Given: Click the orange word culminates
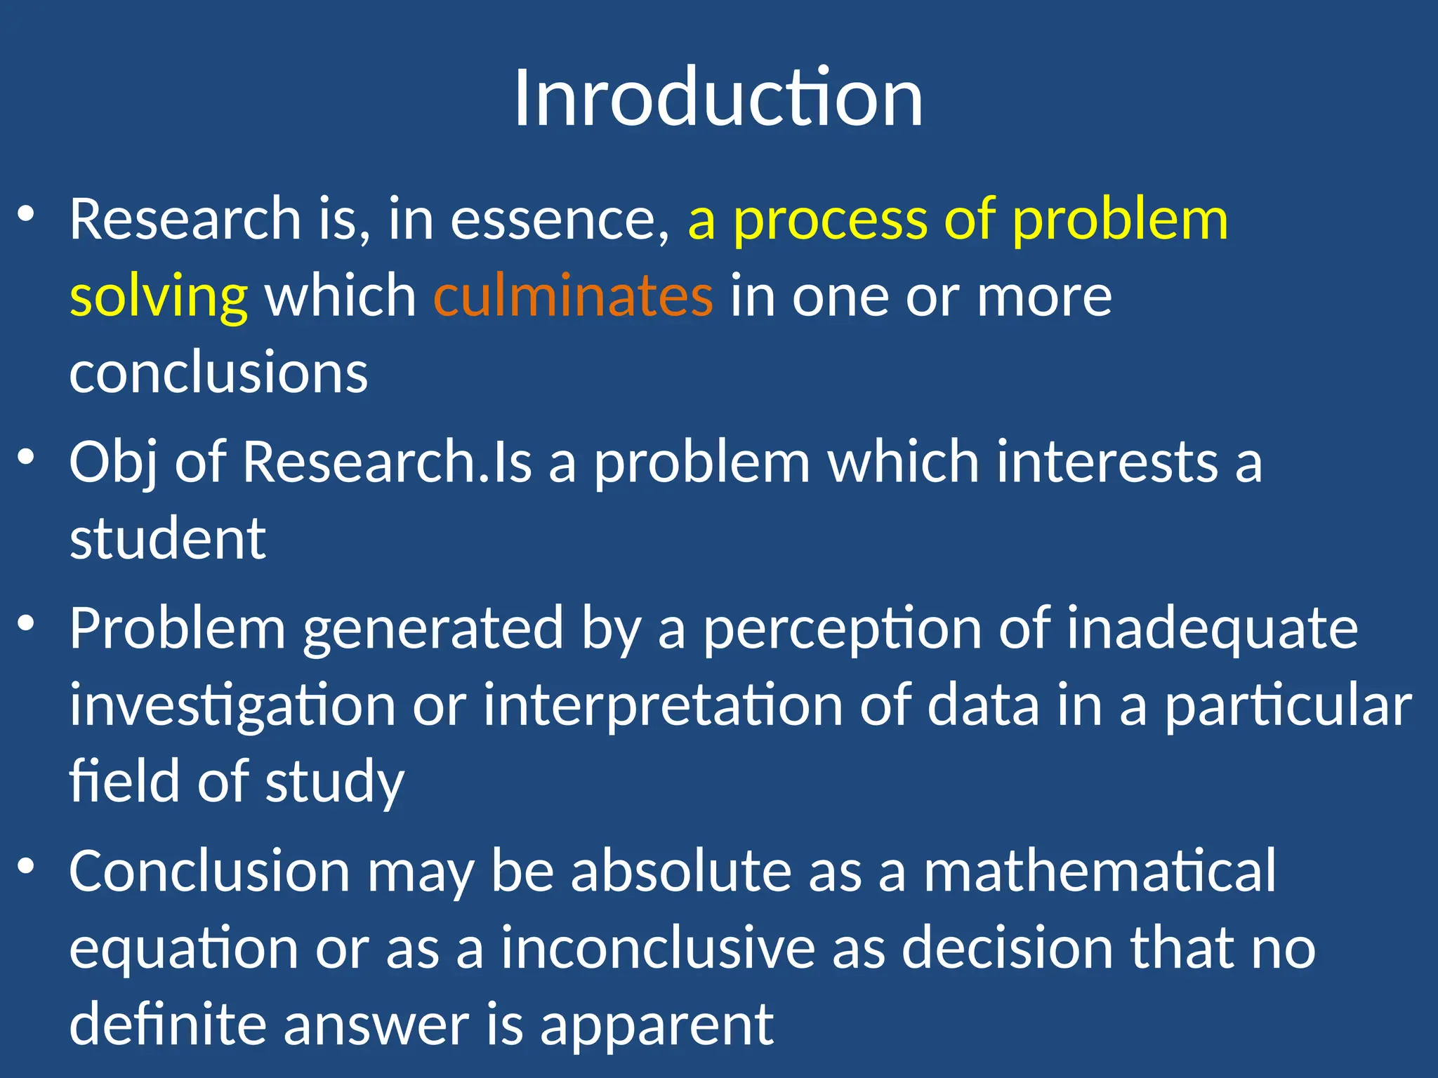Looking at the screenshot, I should pyautogui.click(x=573, y=295).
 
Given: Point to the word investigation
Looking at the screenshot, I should pyautogui.click(x=232, y=706).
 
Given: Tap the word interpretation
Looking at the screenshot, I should pyautogui.click(x=663, y=706).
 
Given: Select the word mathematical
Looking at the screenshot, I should pyautogui.click(x=1100, y=871).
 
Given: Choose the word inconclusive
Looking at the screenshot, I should pyautogui.click(x=658, y=947).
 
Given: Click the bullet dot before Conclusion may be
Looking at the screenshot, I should pyautogui.click(x=26, y=866).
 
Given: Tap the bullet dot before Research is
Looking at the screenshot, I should pyautogui.click(x=26, y=214).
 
